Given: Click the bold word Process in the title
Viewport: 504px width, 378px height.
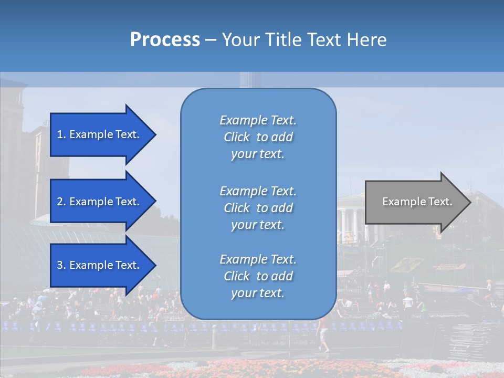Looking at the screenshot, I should click(165, 40).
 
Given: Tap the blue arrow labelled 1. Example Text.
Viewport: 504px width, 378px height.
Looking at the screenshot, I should click(100, 134).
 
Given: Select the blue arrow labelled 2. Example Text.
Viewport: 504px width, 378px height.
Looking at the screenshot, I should click(100, 202).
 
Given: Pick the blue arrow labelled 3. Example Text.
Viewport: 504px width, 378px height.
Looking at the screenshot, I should click(100, 265).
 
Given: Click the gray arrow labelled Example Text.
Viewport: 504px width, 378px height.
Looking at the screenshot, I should click(415, 202).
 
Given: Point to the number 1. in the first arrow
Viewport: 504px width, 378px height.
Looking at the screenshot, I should click(61, 134).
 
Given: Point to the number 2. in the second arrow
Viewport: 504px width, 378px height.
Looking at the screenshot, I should click(61, 202).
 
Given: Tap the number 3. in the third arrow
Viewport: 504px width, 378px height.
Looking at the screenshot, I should click(61, 265).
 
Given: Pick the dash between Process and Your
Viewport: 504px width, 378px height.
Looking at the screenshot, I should click(211, 40).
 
